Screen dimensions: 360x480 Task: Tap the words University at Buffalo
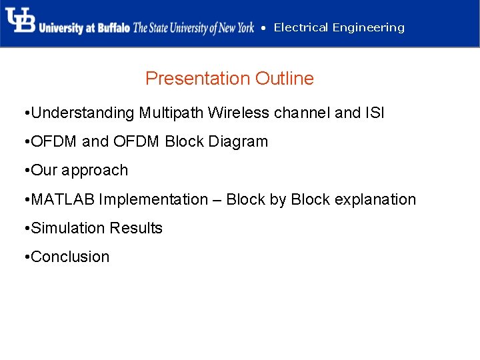(84, 28)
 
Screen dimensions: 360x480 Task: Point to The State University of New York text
(193, 28)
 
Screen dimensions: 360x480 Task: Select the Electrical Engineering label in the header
(339, 27)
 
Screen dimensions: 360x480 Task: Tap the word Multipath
(171, 113)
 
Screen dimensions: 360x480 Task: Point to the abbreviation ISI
(375, 113)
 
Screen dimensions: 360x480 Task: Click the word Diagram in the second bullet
(239, 142)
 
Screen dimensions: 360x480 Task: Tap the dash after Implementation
(217, 199)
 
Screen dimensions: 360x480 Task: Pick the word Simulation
(69, 228)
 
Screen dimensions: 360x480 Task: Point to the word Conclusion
(70, 257)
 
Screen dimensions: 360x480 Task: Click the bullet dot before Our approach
(25, 171)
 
